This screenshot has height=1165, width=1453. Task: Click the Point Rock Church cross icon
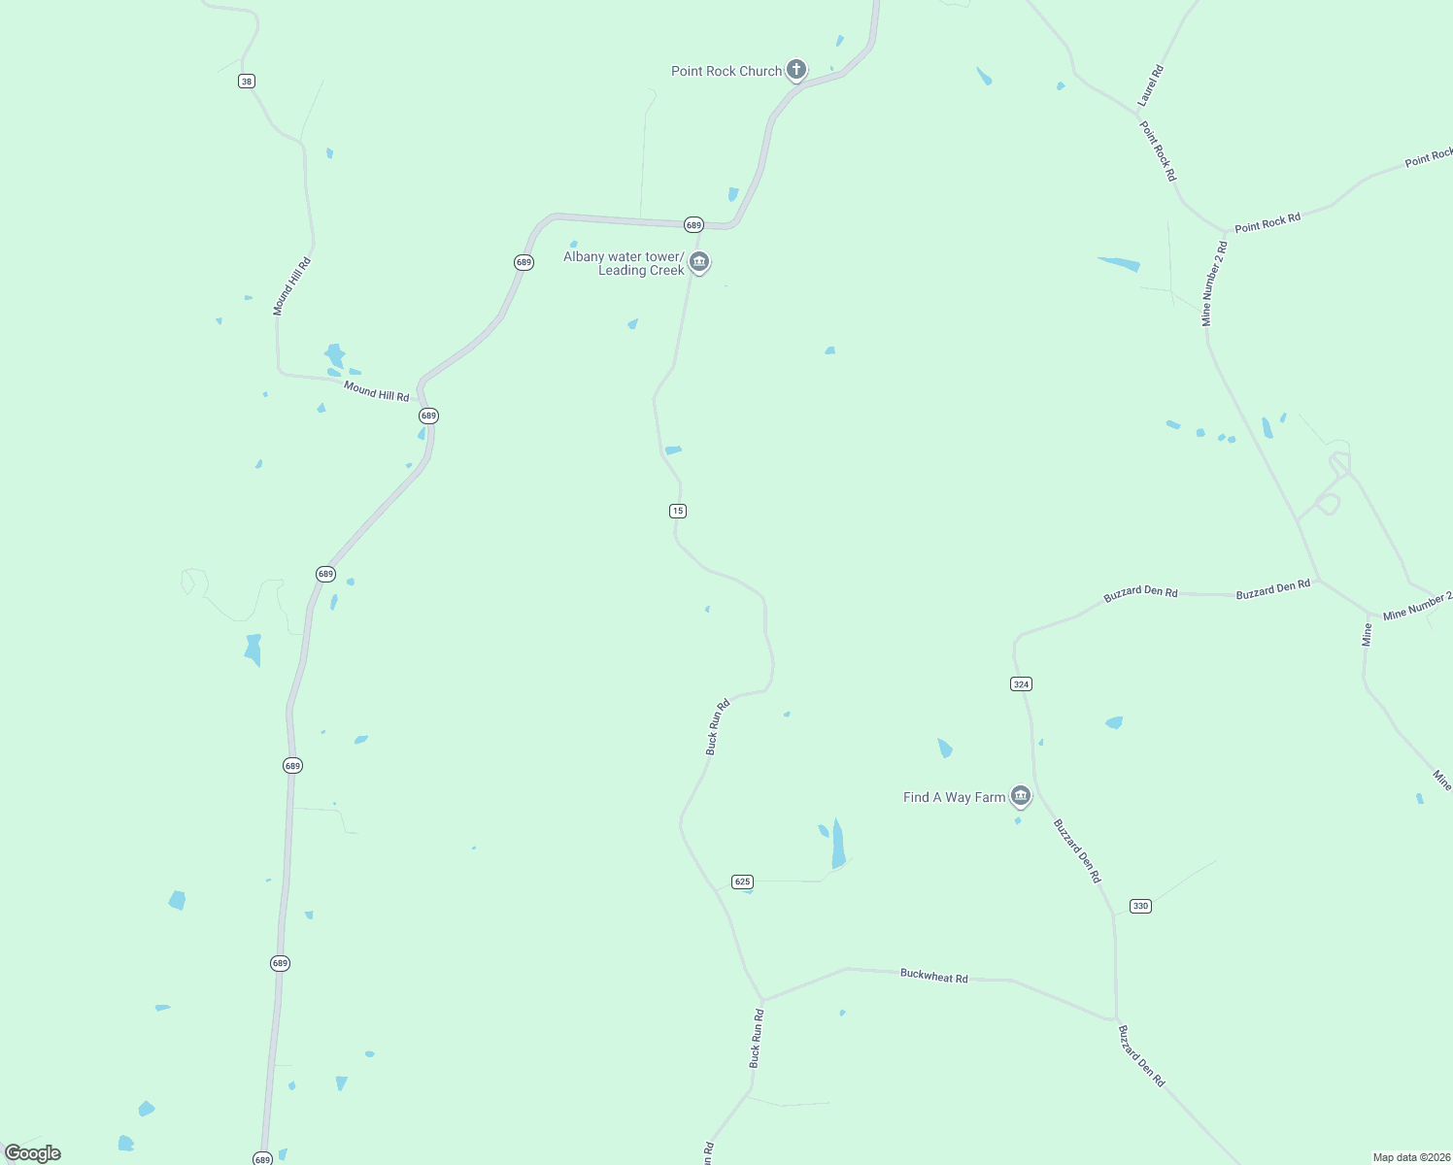pos(796,69)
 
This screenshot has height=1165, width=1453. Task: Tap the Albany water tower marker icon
pos(699,262)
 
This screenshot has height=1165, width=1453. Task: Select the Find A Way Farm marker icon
pos(1020,796)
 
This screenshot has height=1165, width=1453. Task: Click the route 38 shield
pos(247,82)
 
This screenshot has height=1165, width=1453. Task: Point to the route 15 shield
pos(678,511)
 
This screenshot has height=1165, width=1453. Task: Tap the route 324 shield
pos(1021,684)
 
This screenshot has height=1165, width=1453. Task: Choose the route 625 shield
pos(743,882)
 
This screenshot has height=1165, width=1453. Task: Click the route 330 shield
pos(1140,906)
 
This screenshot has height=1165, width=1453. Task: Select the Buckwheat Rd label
pos(933,976)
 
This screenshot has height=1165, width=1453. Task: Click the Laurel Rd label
pos(1150,85)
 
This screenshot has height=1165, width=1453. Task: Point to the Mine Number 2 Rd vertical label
pos(1214,283)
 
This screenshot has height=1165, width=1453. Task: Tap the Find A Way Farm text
pos(954,797)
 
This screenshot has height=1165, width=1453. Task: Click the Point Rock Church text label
pos(726,71)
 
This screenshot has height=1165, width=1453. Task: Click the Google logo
pos(33,1153)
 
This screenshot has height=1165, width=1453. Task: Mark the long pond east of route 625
pos(838,845)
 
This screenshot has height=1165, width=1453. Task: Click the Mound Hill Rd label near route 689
pos(376,390)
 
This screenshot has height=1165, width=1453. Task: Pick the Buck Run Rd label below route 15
pos(717,727)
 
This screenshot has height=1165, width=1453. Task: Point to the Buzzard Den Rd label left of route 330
pos(1078,850)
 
